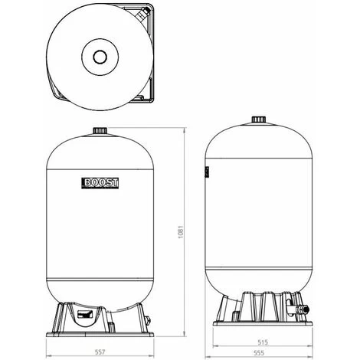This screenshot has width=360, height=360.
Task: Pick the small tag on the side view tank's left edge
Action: pyautogui.click(x=206, y=173)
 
